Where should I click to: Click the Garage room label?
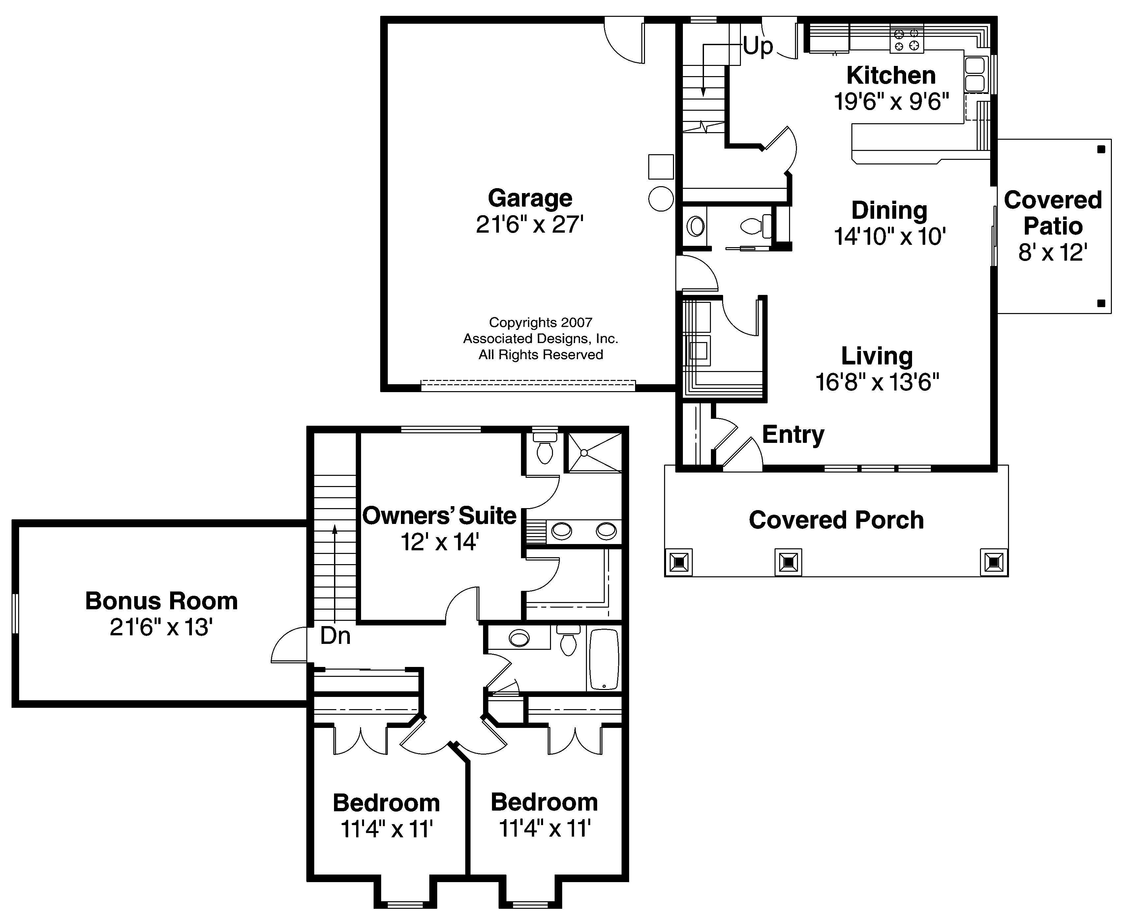click(x=530, y=198)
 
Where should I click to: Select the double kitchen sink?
click(x=974, y=75)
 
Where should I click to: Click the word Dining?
click(x=889, y=211)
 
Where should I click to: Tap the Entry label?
click(x=793, y=435)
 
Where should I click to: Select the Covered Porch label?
click(x=836, y=520)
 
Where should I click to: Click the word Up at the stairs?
click(x=757, y=46)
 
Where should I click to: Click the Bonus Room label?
click(x=161, y=601)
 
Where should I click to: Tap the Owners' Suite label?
click(x=440, y=516)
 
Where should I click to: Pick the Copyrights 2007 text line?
click(x=540, y=323)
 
